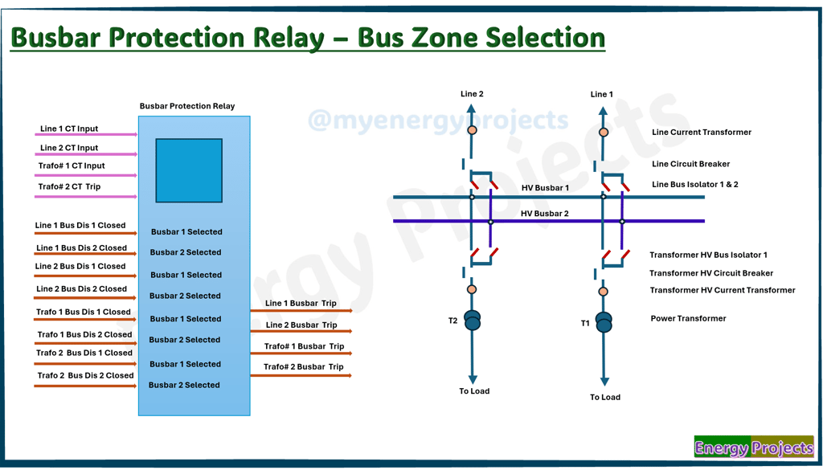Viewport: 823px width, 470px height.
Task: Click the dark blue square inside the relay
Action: click(x=189, y=170)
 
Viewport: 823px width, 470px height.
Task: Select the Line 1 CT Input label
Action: click(x=69, y=129)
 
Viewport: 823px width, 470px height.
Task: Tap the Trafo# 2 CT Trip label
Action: click(x=69, y=186)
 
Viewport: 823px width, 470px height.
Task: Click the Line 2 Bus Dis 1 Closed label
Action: click(x=80, y=266)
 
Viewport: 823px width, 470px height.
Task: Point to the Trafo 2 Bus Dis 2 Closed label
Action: click(x=85, y=375)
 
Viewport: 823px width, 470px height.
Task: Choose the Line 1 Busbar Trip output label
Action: click(x=301, y=303)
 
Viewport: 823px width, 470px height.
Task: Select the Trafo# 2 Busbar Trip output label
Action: click(x=303, y=366)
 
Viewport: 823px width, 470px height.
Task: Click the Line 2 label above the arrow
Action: click(x=472, y=94)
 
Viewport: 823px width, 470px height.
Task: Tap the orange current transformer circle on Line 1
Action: click(x=604, y=133)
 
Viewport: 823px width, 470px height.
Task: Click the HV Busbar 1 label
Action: click(x=545, y=188)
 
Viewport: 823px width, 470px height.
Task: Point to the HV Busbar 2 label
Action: click(x=545, y=214)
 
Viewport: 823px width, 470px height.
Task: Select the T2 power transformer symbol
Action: click(x=473, y=320)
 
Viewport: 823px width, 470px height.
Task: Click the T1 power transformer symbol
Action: click(x=604, y=323)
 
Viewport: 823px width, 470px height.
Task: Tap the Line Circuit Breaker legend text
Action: click(x=690, y=164)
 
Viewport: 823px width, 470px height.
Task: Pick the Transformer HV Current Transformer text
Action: click(x=723, y=290)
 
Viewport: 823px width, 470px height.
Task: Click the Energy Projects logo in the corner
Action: click(x=754, y=447)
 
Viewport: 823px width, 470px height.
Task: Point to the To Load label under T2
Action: click(x=474, y=390)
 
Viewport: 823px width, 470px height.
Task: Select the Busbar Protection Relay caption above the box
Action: click(x=187, y=106)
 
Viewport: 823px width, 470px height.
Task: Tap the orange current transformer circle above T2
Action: click(x=473, y=289)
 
